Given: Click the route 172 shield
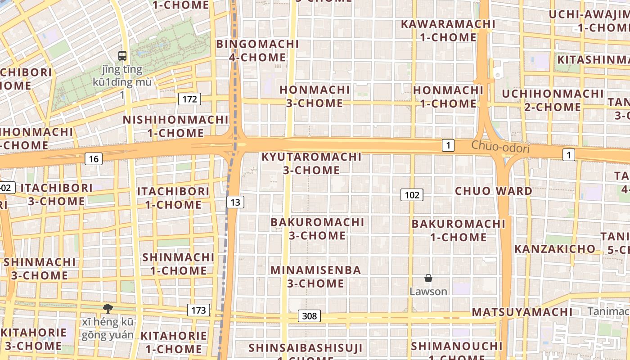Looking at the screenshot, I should (189, 99).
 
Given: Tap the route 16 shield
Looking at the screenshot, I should (94, 158).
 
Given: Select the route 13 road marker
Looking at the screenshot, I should (235, 202).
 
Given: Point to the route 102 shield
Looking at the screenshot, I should (412, 195).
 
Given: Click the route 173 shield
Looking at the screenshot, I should (198, 310).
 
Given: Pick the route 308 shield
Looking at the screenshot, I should (310, 316).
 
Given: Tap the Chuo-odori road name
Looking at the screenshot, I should (500, 147).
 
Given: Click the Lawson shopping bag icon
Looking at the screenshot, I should (428, 279).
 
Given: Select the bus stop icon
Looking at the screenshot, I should (122, 56).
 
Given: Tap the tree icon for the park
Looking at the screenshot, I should (108, 309).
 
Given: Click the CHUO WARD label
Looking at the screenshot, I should (493, 191).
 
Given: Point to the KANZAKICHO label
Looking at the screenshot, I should (554, 249).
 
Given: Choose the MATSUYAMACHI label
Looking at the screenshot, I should (522, 312).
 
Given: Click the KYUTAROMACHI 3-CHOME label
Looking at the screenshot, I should (311, 163).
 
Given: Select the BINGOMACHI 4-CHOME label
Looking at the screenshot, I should (257, 51).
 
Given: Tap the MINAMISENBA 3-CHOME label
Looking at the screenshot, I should (315, 277).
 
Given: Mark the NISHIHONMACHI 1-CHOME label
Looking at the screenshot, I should (175, 126).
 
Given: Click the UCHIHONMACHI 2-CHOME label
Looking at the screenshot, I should (553, 100).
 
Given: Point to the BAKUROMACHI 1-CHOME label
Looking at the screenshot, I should (459, 230).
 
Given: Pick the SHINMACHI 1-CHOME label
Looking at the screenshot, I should (178, 264).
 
